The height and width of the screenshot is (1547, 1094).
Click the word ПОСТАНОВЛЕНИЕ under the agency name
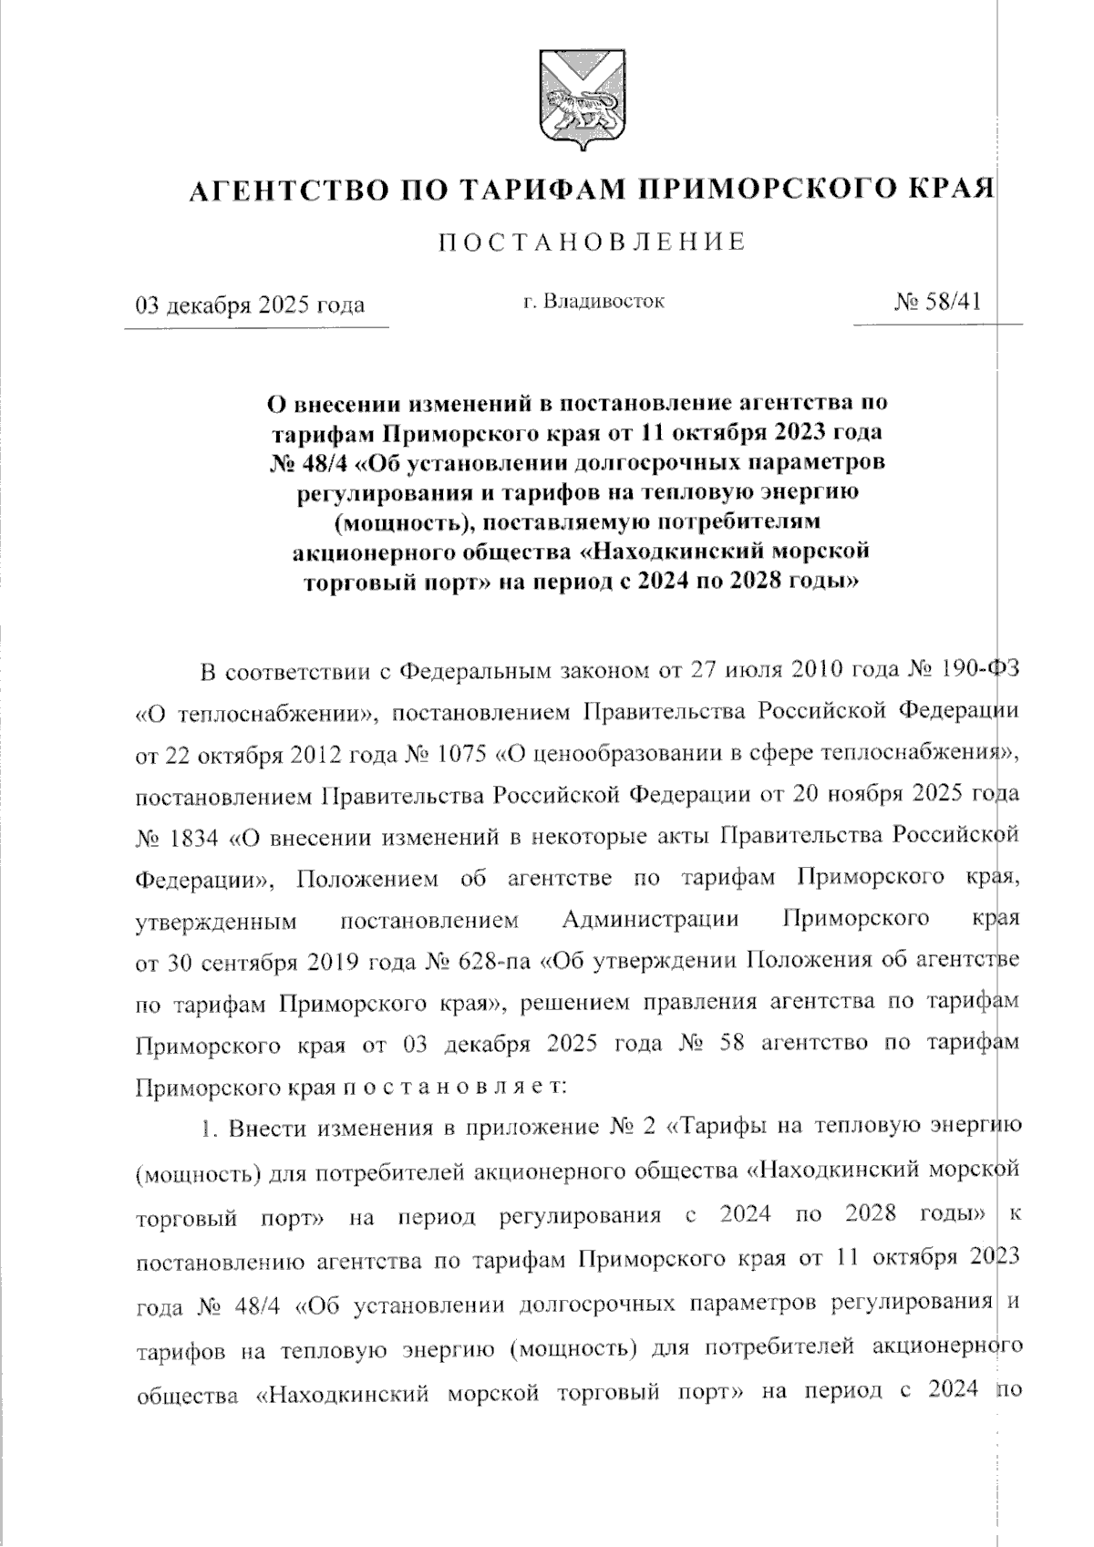coord(592,242)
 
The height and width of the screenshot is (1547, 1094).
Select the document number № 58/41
coord(939,302)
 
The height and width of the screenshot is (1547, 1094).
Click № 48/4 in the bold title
coord(305,462)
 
